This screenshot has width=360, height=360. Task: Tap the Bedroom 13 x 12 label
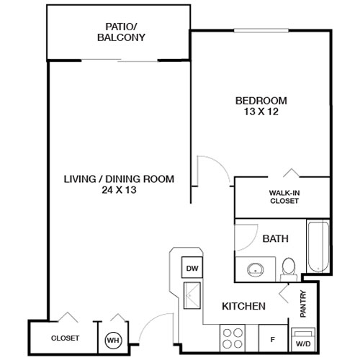tap(261, 105)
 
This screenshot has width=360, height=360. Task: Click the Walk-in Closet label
tap(285, 197)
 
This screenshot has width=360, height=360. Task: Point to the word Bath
tap(276, 238)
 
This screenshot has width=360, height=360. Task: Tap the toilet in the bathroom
tap(289, 267)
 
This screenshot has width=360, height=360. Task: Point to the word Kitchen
tap(245, 306)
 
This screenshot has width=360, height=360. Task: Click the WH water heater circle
tap(113, 338)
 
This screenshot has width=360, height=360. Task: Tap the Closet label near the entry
tap(65, 338)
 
